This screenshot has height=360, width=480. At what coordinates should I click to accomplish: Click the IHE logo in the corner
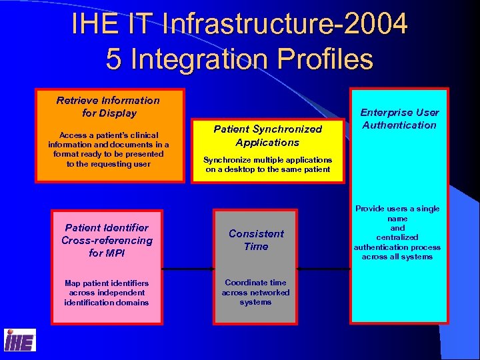tap(20, 340)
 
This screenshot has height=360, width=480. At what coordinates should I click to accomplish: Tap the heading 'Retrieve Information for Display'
tap(108, 107)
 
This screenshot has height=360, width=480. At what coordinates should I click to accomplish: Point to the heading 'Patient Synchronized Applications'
tap(267, 135)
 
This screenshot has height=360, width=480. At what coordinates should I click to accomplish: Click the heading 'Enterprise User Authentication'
tap(399, 119)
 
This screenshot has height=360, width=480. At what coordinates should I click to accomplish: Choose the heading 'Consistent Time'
tap(256, 240)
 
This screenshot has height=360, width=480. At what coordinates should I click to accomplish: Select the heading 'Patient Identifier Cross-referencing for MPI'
tap(107, 240)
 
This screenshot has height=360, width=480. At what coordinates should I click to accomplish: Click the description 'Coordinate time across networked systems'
tap(256, 292)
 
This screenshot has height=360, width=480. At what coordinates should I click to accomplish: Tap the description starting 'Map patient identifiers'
tap(107, 292)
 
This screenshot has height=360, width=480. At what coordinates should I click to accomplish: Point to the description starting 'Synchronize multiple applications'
tap(267, 164)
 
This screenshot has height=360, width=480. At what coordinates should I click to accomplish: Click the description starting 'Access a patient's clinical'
tap(109, 149)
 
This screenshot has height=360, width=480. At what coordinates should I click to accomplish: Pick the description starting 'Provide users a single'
tap(397, 232)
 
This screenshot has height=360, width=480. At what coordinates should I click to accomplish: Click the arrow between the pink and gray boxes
tap(188, 269)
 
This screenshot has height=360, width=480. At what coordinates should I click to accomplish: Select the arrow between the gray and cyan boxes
tap(325, 269)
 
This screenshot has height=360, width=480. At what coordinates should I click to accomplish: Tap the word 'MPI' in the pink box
tap(115, 253)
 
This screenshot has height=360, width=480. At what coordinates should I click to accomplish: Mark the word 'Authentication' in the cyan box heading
tap(399, 125)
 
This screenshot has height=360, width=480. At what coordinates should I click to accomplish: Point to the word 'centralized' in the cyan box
tap(397, 237)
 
